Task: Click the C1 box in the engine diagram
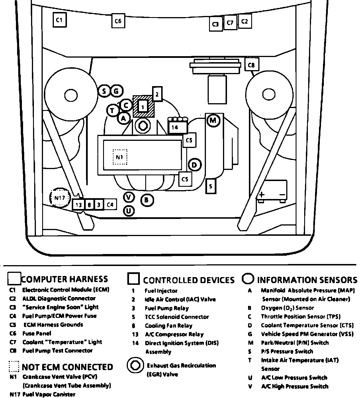click(60, 20)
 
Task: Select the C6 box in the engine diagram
click(118, 21)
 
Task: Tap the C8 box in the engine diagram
click(251, 64)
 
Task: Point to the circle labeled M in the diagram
click(213, 121)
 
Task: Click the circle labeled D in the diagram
click(195, 165)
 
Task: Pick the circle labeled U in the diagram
click(129, 211)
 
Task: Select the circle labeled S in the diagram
click(104, 91)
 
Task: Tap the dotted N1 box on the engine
click(120, 157)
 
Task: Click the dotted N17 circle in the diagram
click(60, 198)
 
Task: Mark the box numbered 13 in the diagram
click(79, 205)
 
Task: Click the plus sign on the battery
click(261, 195)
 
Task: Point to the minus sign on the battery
click(282, 195)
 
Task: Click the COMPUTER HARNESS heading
click(65, 279)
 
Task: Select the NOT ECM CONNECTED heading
click(67, 367)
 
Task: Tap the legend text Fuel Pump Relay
click(167, 308)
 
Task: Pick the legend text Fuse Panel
click(37, 333)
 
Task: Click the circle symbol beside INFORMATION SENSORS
click(248, 279)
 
